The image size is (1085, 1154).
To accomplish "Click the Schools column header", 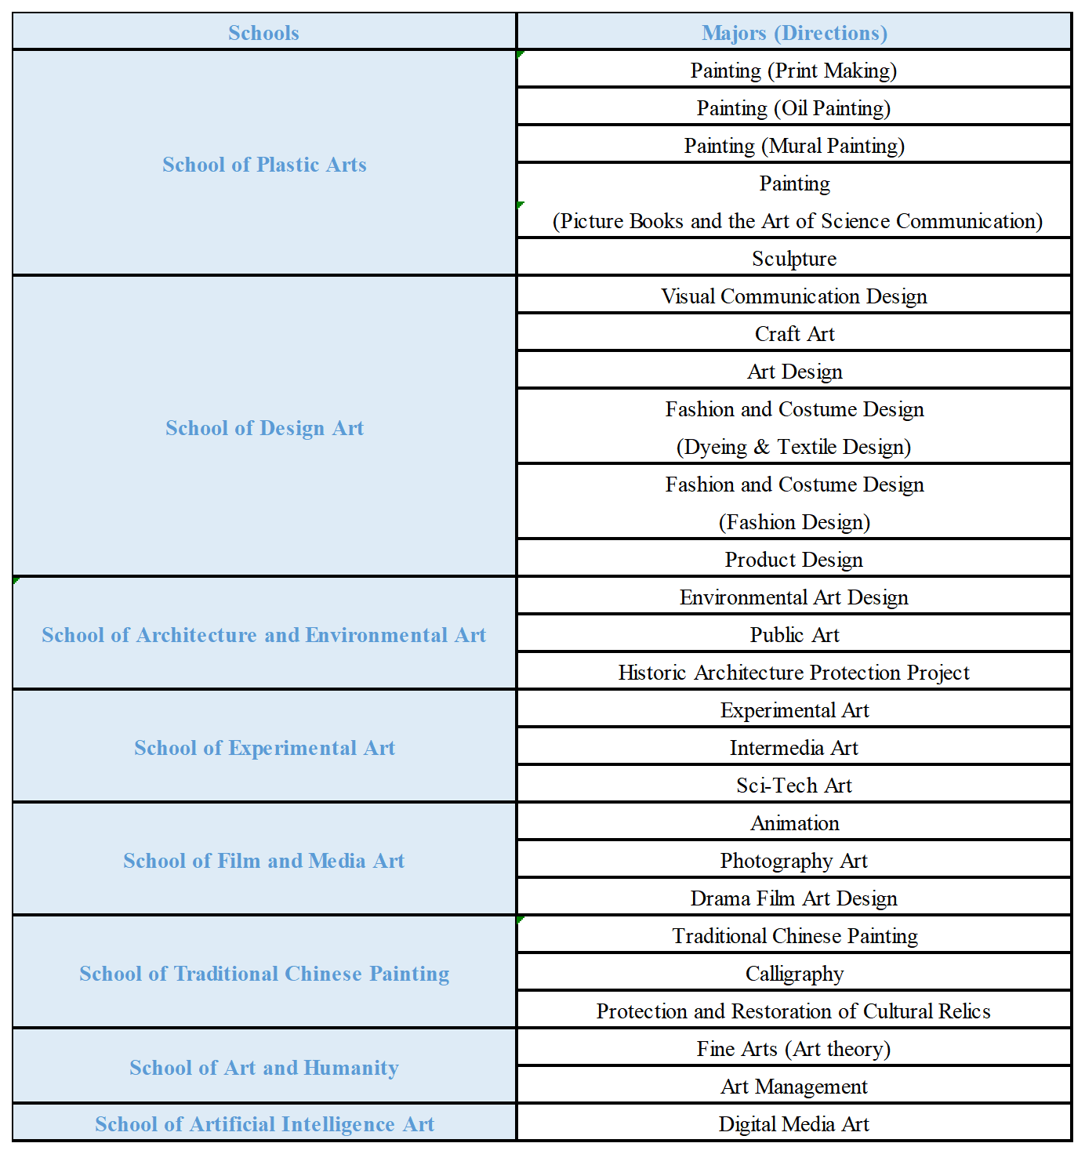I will click(263, 33).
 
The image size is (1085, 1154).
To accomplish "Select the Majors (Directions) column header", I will click(794, 33).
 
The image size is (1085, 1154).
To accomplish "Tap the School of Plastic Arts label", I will click(264, 165).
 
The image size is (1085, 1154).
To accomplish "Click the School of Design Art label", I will click(264, 428).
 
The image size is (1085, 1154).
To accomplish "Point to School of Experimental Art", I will click(264, 748).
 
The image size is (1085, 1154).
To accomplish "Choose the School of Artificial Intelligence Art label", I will click(264, 1124).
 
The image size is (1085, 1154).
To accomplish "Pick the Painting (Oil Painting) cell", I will click(793, 108).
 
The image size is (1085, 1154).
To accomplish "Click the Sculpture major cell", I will click(794, 259).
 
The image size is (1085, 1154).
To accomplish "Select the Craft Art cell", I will click(794, 334).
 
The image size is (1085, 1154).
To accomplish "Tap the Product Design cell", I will click(793, 560).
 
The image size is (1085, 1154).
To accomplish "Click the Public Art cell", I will click(794, 635).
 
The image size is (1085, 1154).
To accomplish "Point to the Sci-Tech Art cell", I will click(793, 786).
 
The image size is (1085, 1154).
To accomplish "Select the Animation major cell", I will click(794, 823).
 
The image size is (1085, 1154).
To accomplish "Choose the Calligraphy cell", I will click(794, 974).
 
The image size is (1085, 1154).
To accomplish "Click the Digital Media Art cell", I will click(793, 1124).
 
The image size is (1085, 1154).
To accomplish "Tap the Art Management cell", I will click(793, 1087).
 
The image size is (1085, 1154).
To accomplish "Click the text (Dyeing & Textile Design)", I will click(793, 447).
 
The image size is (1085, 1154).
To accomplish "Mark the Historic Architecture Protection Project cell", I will click(793, 673).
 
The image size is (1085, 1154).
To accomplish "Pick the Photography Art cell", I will click(793, 861).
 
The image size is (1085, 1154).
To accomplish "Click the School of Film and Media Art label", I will click(264, 861).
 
